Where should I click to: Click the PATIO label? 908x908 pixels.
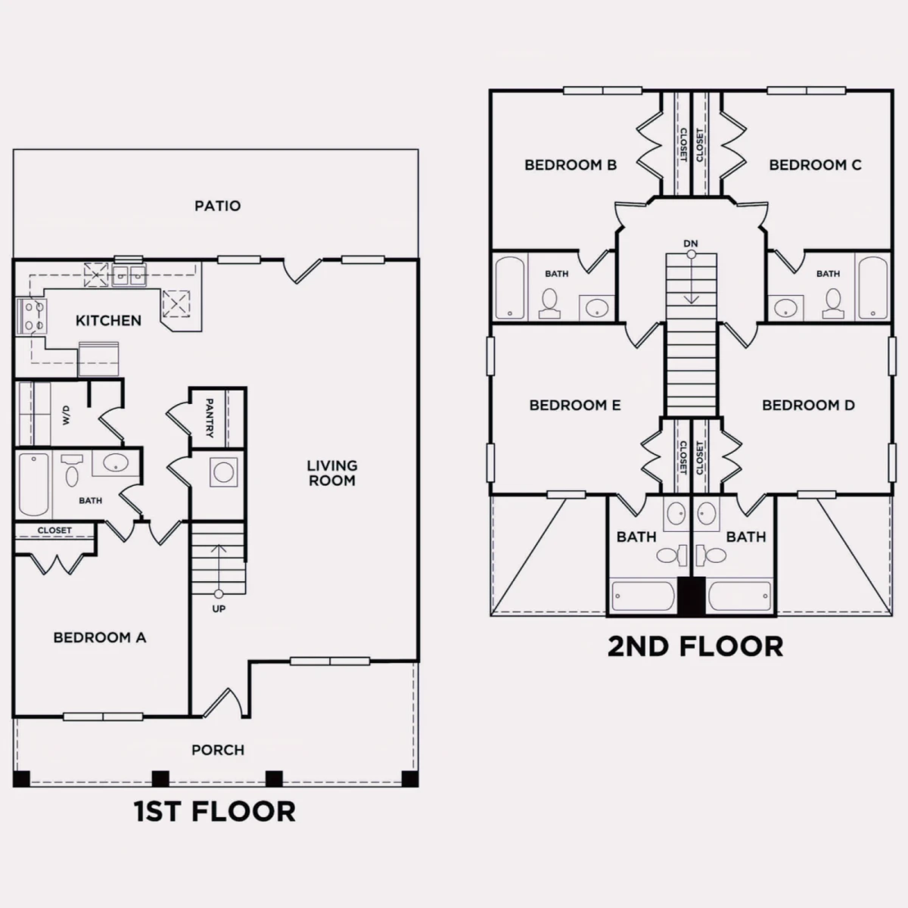click(218, 206)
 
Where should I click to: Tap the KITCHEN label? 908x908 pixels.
click(108, 321)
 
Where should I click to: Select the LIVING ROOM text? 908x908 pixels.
click(332, 473)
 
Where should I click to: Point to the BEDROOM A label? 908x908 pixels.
click(100, 638)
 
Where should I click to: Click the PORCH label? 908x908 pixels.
click(218, 750)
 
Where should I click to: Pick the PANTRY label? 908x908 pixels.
click(210, 418)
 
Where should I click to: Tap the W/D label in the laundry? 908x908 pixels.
click(66, 415)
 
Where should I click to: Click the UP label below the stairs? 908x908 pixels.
click(219, 609)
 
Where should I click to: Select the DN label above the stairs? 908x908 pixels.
click(691, 244)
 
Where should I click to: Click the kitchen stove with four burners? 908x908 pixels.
click(31, 316)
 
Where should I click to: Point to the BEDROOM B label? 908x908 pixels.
click(571, 165)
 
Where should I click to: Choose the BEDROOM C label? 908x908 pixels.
click(815, 165)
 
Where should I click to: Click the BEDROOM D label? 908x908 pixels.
click(809, 406)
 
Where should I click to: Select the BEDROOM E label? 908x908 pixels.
click(575, 406)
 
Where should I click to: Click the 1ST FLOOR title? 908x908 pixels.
click(215, 812)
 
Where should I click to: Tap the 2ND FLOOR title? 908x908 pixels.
click(695, 646)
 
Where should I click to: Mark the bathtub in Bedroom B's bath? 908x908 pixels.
click(510, 288)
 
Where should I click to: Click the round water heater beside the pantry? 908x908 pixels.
click(223, 472)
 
